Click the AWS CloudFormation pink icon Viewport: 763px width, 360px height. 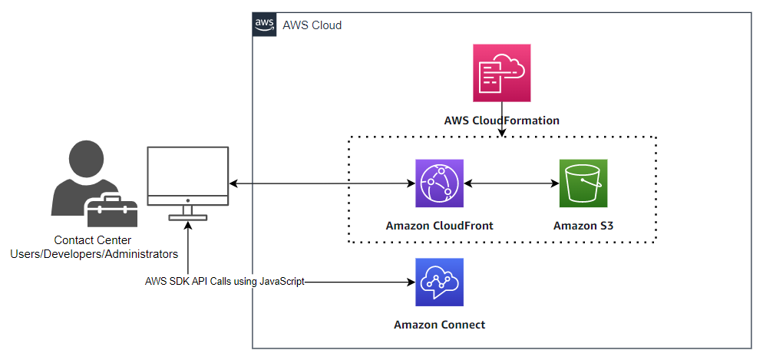502,73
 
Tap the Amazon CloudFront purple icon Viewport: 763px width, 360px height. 440,184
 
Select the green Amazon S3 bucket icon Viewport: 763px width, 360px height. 583,184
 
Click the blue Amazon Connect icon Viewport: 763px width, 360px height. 440,282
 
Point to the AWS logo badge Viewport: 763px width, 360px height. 265,25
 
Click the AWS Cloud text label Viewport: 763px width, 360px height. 312,25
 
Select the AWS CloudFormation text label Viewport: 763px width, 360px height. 501,121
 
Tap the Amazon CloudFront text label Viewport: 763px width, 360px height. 439,226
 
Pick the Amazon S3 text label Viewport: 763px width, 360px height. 583,226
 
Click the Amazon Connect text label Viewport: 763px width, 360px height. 439,325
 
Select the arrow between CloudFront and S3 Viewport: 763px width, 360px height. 510,184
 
